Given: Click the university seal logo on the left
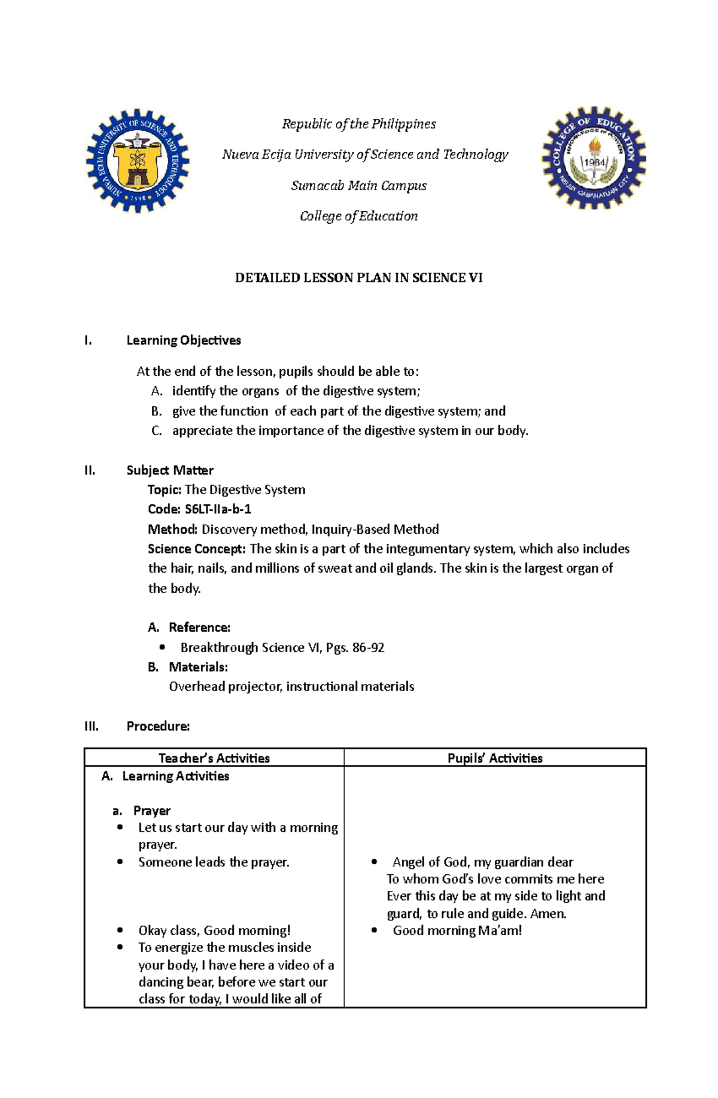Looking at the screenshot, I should coord(138,160).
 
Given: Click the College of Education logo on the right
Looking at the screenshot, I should coord(594,159).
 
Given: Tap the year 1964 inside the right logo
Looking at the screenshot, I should coord(595,163).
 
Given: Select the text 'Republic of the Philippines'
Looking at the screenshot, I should coord(358,124).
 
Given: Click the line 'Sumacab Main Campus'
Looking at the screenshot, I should coord(358,185).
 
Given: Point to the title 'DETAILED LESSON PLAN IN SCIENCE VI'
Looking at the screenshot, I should coord(358,278).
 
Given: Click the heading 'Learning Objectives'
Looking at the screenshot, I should coord(184,340).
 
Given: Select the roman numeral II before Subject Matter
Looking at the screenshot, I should coord(90,470).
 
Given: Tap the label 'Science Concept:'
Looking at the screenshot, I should coord(196,549).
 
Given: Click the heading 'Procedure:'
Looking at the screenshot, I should coord(158,726).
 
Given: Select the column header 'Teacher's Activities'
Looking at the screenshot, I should coord(214,758).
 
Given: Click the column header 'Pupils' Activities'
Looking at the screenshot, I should coord(495,758).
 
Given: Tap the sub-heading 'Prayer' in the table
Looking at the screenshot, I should coord(151,811).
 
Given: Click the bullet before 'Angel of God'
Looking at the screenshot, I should coord(375,862).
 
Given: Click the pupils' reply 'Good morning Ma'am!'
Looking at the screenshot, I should coord(457,930).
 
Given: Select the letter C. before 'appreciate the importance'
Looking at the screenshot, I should coord(157,431).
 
